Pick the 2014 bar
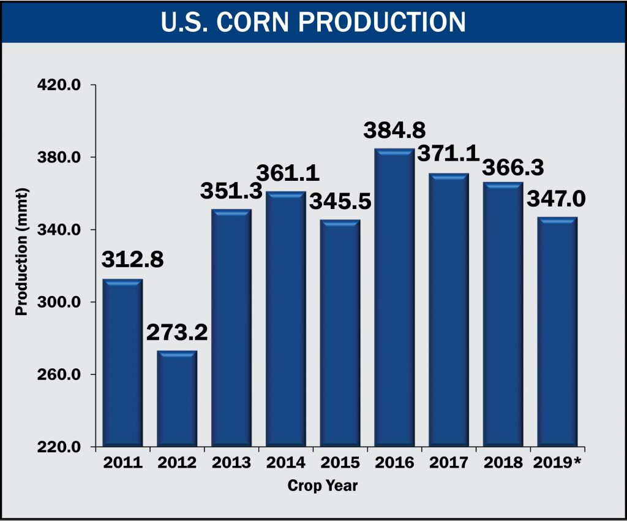pyautogui.click(x=285, y=319)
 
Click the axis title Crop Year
pyautogui.click(x=323, y=487)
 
